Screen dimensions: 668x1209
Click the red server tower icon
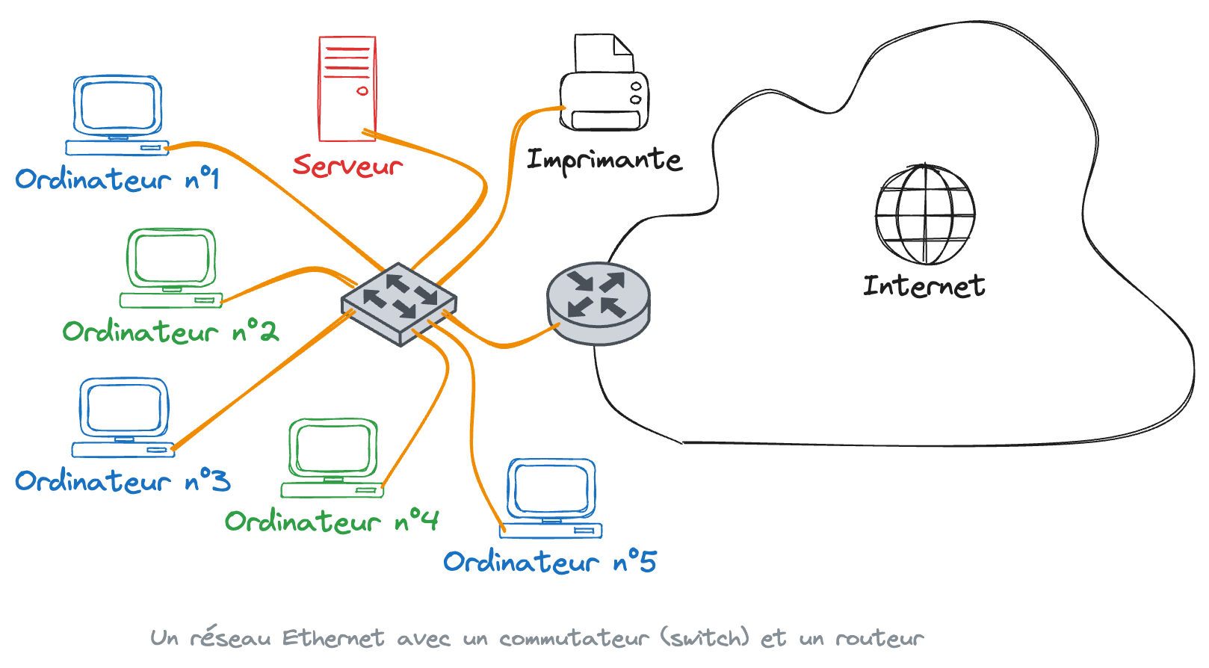[x=347, y=88]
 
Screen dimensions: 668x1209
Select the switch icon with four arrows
[x=399, y=303]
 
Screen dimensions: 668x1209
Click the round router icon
[x=599, y=303]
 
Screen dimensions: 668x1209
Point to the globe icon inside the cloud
[x=925, y=214]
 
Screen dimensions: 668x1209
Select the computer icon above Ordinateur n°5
[x=551, y=498]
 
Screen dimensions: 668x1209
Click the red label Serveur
[x=347, y=166]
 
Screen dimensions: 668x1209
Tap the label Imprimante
[x=604, y=160]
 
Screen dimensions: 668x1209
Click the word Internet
[x=924, y=286]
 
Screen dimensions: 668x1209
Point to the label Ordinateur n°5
[x=550, y=562]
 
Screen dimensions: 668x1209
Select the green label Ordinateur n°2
[x=170, y=331]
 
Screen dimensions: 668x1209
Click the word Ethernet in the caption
[x=333, y=638]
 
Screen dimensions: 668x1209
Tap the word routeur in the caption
[x=879, y=638]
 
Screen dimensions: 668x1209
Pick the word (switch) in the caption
[x=705, y=638]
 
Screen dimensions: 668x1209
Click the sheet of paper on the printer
[x=602, y=53]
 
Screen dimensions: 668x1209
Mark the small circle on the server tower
[x=362, y=91]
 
